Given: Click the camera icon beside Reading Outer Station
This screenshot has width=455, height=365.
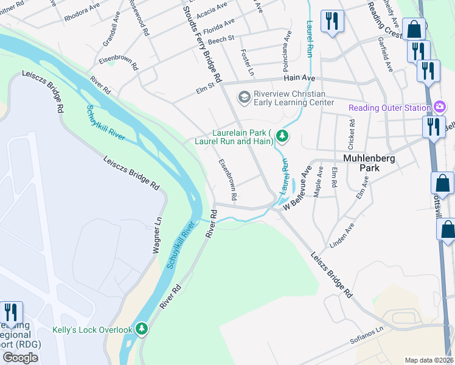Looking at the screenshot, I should (x=440, y=108).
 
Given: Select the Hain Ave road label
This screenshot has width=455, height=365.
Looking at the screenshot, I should (x=299, y=78).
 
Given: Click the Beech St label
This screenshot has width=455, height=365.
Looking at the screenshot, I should (x=221, y=39).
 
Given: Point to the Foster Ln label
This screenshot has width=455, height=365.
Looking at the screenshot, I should (x=247, y=63).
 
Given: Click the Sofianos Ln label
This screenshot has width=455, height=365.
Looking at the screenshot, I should (x=369, y=337).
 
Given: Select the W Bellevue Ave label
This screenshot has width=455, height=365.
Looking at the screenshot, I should (x=299, y=189).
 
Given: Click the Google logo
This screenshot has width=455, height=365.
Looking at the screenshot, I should (x=20, y=357).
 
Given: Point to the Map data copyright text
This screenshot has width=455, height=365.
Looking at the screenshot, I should (x=429, y=360).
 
